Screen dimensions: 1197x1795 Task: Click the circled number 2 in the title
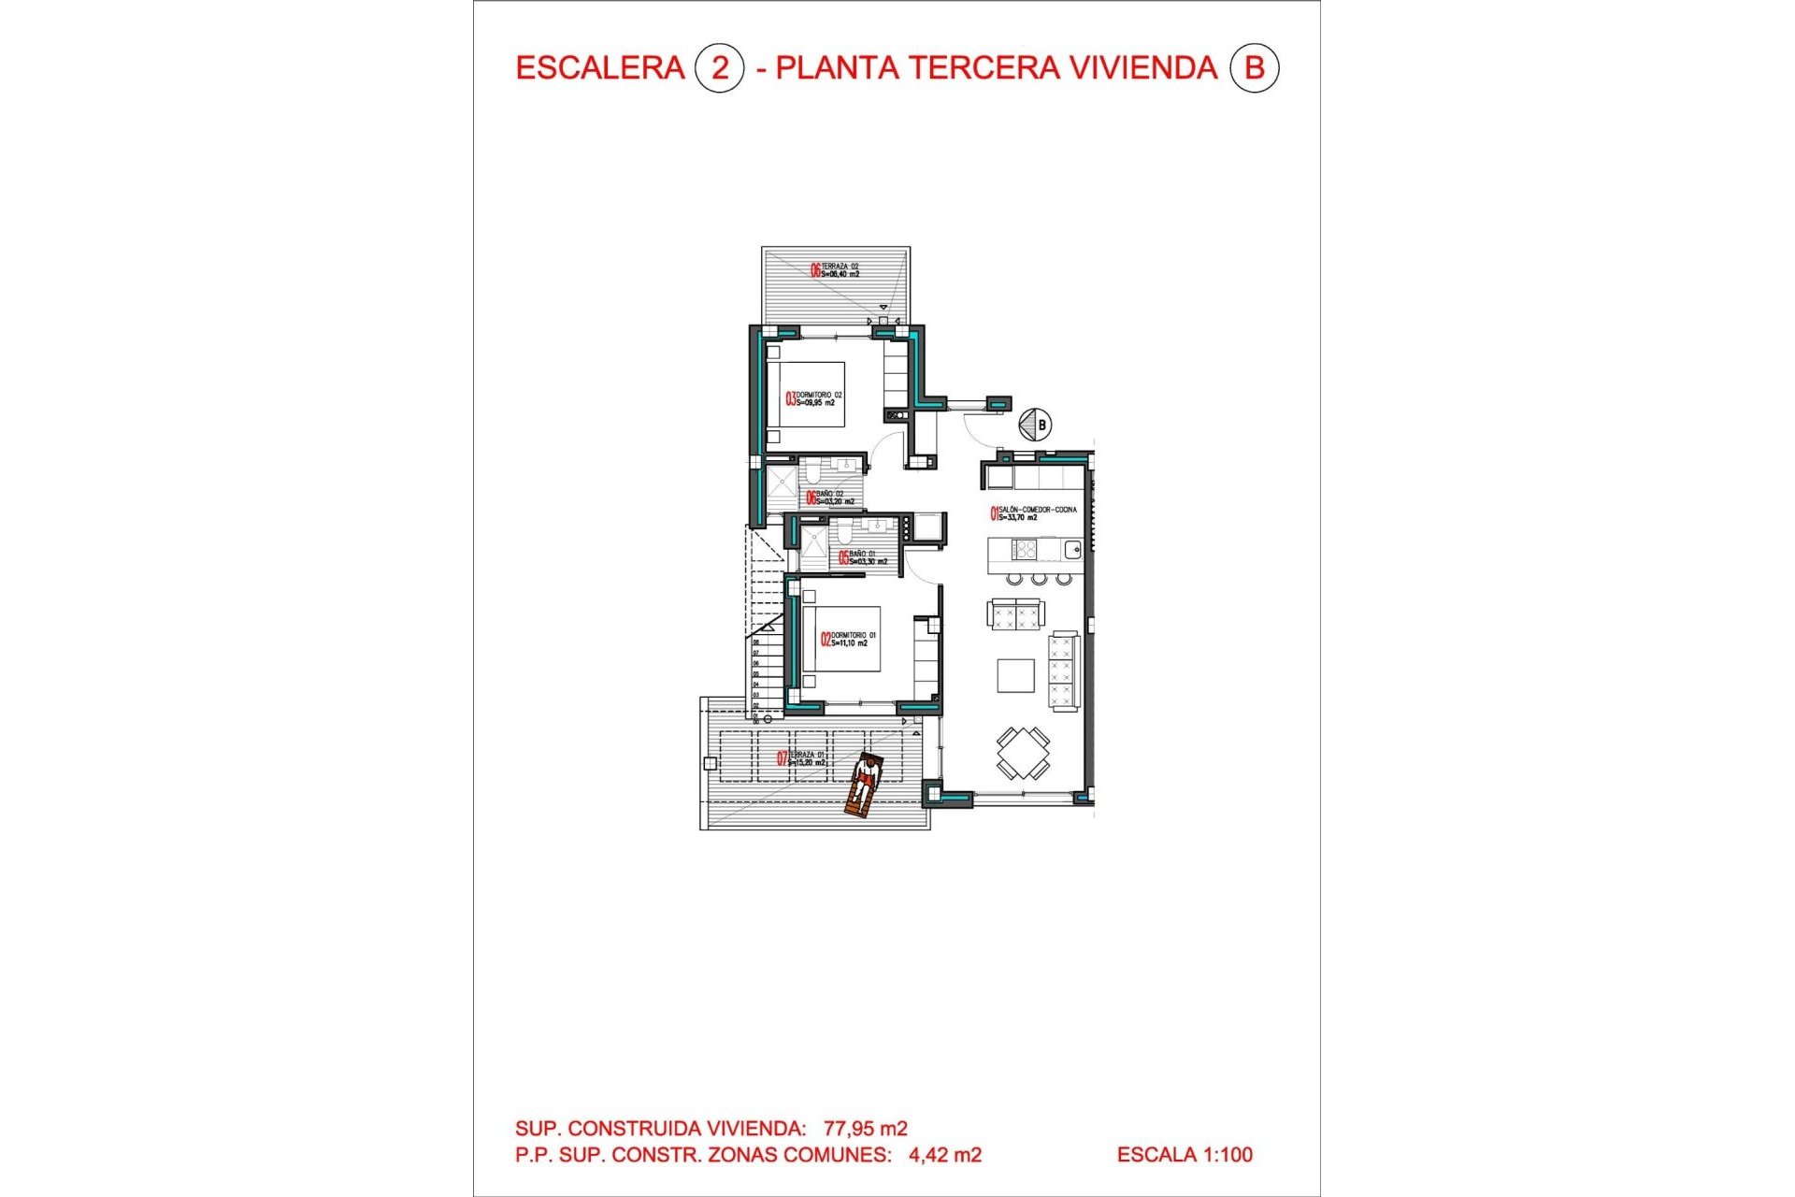pyautogui.click(x=719, y=68)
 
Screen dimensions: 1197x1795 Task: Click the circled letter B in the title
pyautogui.click(x=1254, y=68)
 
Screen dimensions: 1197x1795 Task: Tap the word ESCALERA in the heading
pyautogui.click(x=600, y=68)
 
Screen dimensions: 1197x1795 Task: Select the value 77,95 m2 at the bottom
pyautogui.click(x=865, y=1129)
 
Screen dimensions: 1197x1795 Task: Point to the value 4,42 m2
pyautogui.click(x=944, y=1155)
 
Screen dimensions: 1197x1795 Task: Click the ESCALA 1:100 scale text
pyautogui.click(x=1185, y=1155)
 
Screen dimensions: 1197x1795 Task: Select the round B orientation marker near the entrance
pyautogui.click(x=1035, y=425)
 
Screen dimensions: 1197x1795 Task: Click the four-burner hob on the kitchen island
pyautogui.click(x=1025, y=549)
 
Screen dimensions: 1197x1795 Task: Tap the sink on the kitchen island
pyautogui.click(x=1071, y=549)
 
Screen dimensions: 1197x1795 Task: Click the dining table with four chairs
pyautogui.click(x=1023, y=753)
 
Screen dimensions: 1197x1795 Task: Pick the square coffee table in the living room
pyautogui.click(x=1015, y=675)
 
